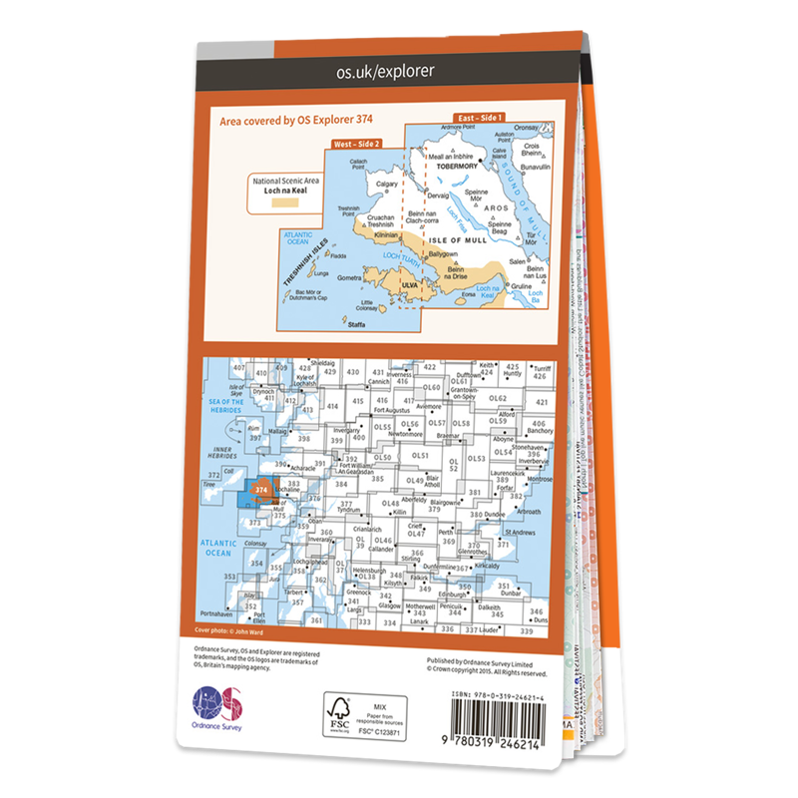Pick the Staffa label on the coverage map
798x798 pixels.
pyautogui.click(x=352, y=324)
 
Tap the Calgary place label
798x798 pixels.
pyautogui.click(x=387, y=184)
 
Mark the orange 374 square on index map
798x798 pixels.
pyautogui.click(x=261, y=490)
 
